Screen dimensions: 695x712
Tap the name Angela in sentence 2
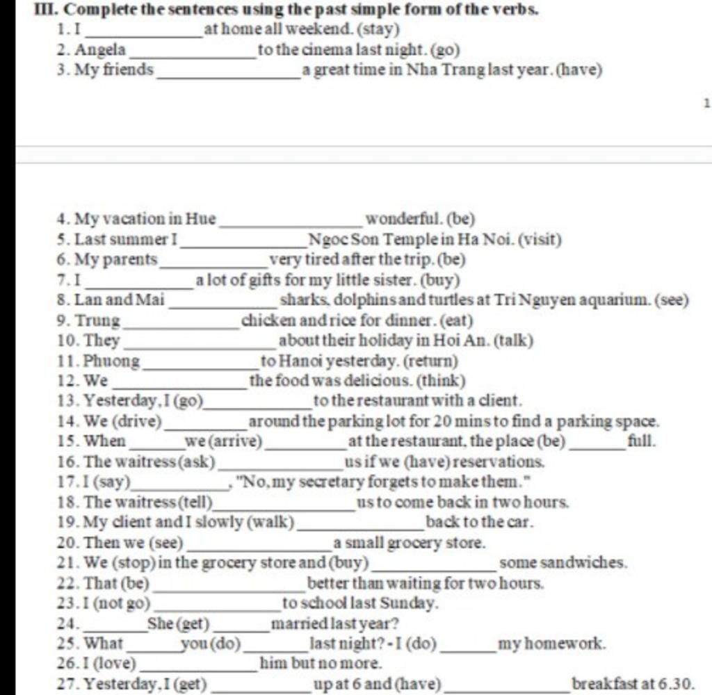coord(101,50)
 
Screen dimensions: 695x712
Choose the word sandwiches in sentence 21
coord(563,562)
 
